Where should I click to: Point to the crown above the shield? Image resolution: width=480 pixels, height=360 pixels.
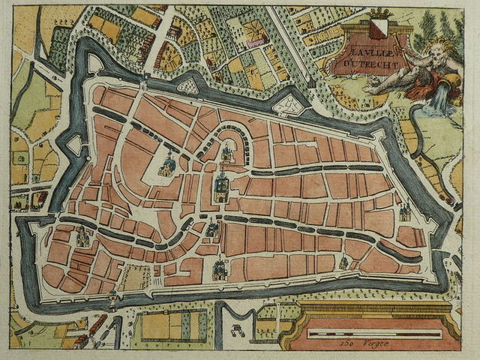point(379,13)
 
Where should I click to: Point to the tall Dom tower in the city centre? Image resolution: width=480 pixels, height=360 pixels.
point(221,187)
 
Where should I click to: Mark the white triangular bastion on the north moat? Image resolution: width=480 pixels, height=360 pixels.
point(188,86)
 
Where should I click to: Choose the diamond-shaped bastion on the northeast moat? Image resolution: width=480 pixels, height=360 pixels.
point(288,105)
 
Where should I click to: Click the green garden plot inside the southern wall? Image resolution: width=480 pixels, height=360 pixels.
point(136,277)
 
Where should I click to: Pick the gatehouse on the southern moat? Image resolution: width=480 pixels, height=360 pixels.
point(114,298)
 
